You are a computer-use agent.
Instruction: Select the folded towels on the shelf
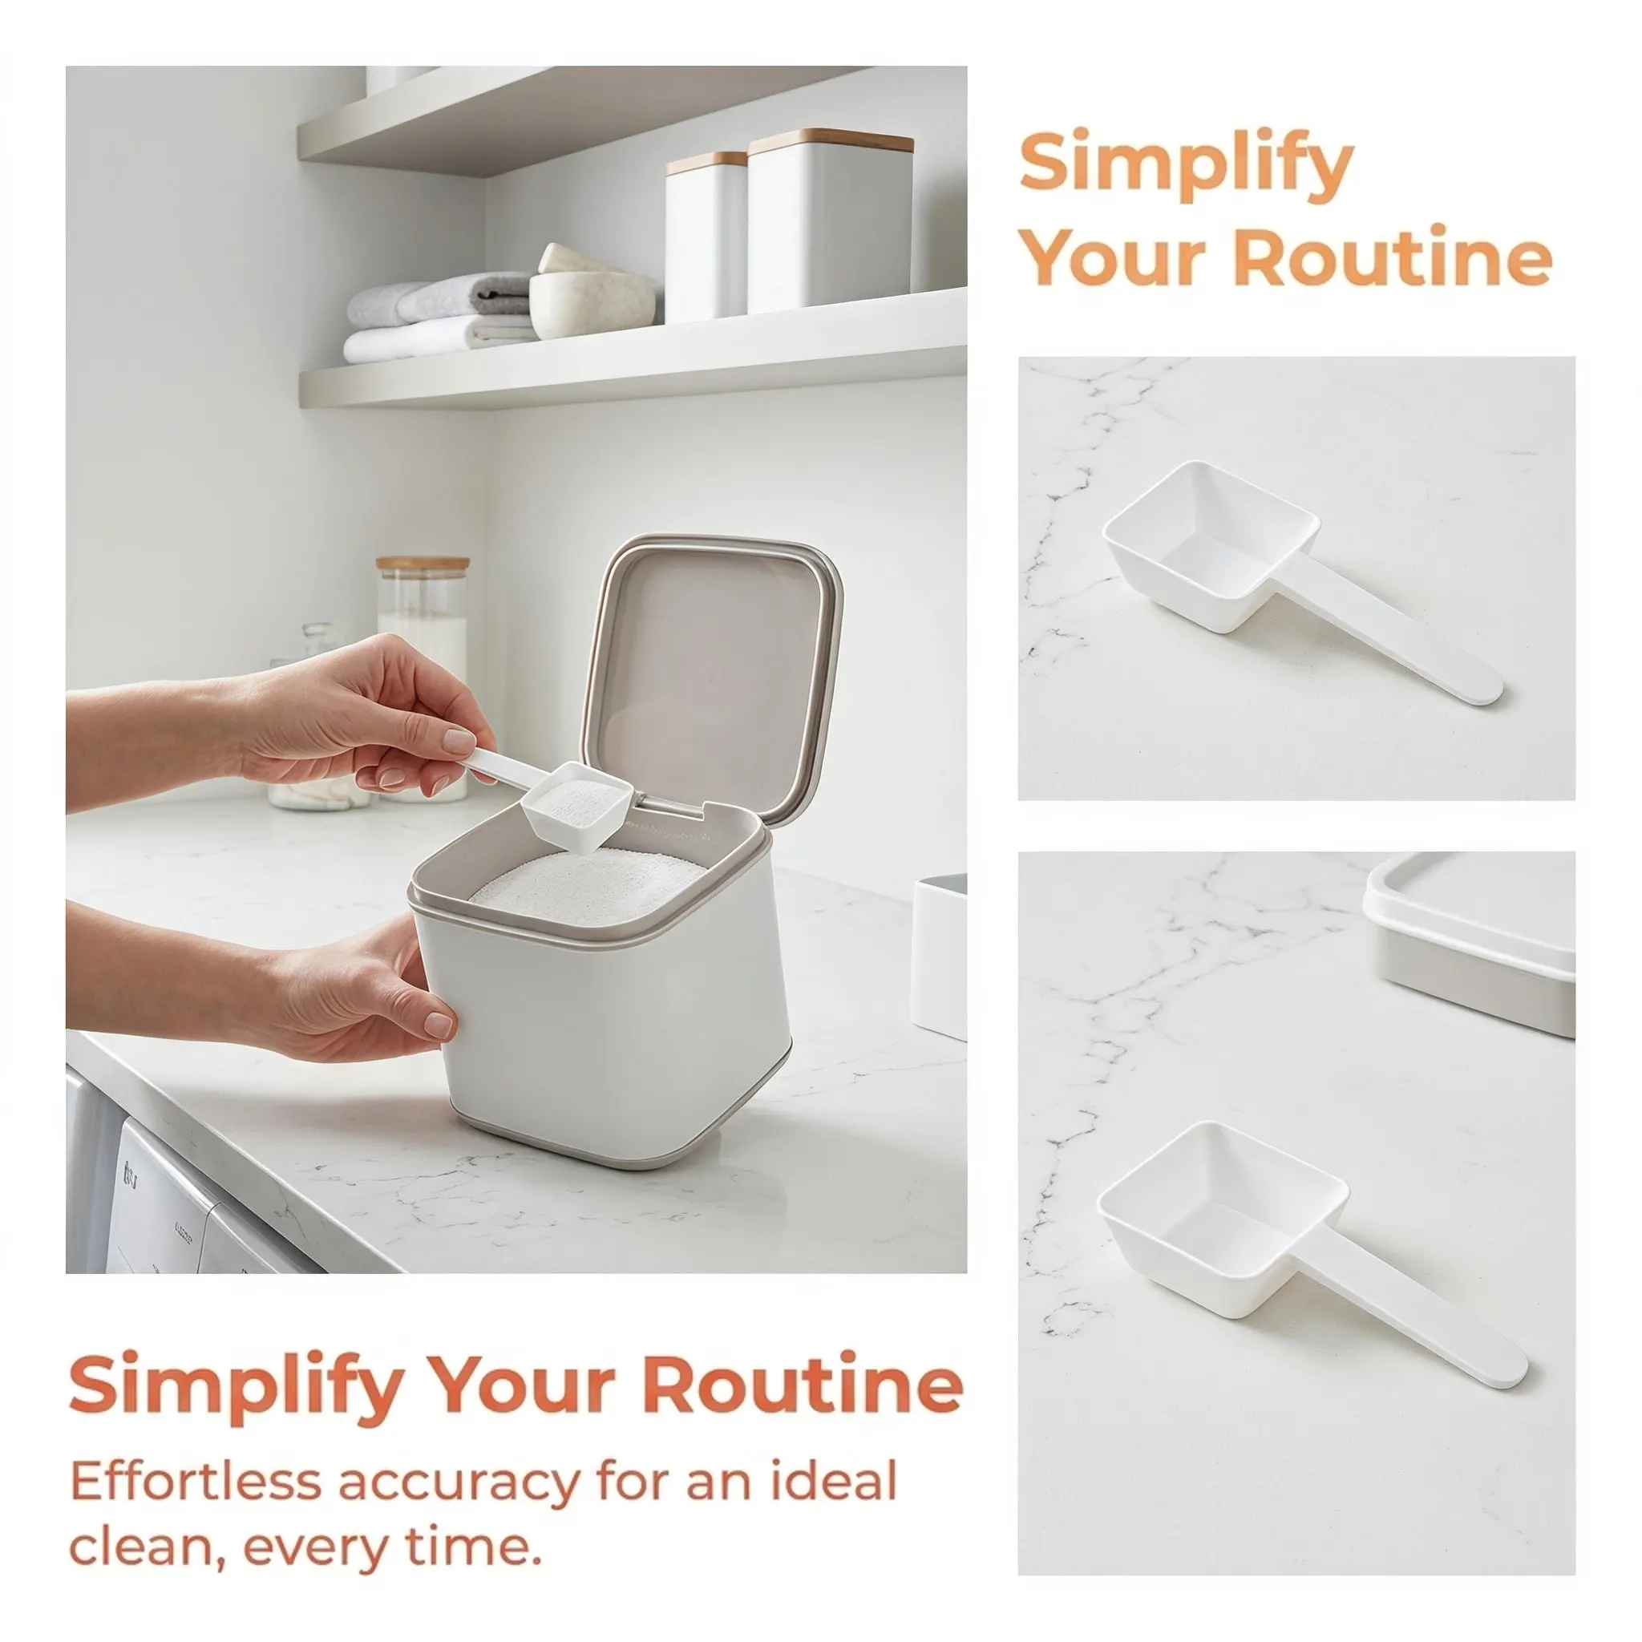(x=439, y=317)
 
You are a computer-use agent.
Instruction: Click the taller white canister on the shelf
(x=831, y=221)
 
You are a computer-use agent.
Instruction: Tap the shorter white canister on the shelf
(x=706, y=237)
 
